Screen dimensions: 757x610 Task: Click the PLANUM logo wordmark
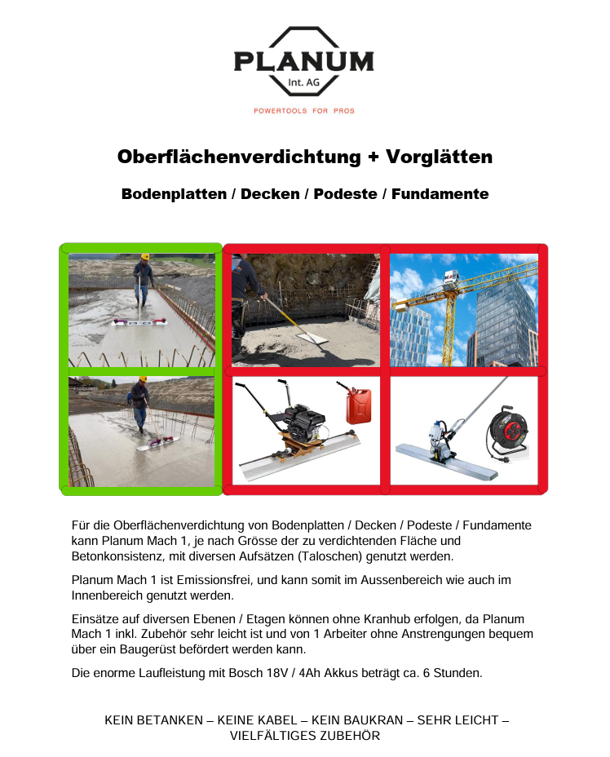pyautogui.click(x=303, y=62)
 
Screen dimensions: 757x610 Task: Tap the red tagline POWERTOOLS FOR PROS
pyautogui.click(x=304, y=111)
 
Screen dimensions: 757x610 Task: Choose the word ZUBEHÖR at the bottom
pyautogui.click(x=348, y=735)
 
